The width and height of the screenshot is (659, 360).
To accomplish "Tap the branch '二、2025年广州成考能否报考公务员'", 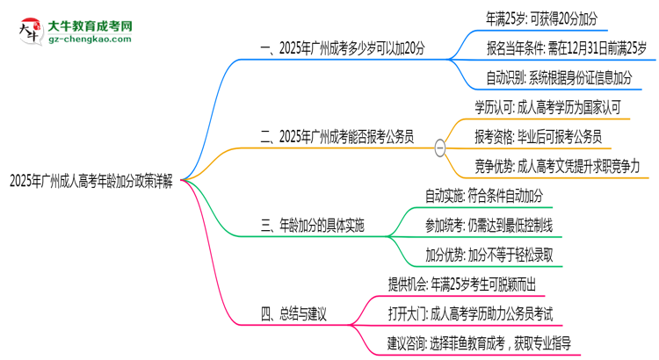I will [348, 137].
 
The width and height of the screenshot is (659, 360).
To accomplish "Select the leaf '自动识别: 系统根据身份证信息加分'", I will [561, 78].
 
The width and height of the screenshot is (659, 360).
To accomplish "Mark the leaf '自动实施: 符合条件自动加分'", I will [483, 195].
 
